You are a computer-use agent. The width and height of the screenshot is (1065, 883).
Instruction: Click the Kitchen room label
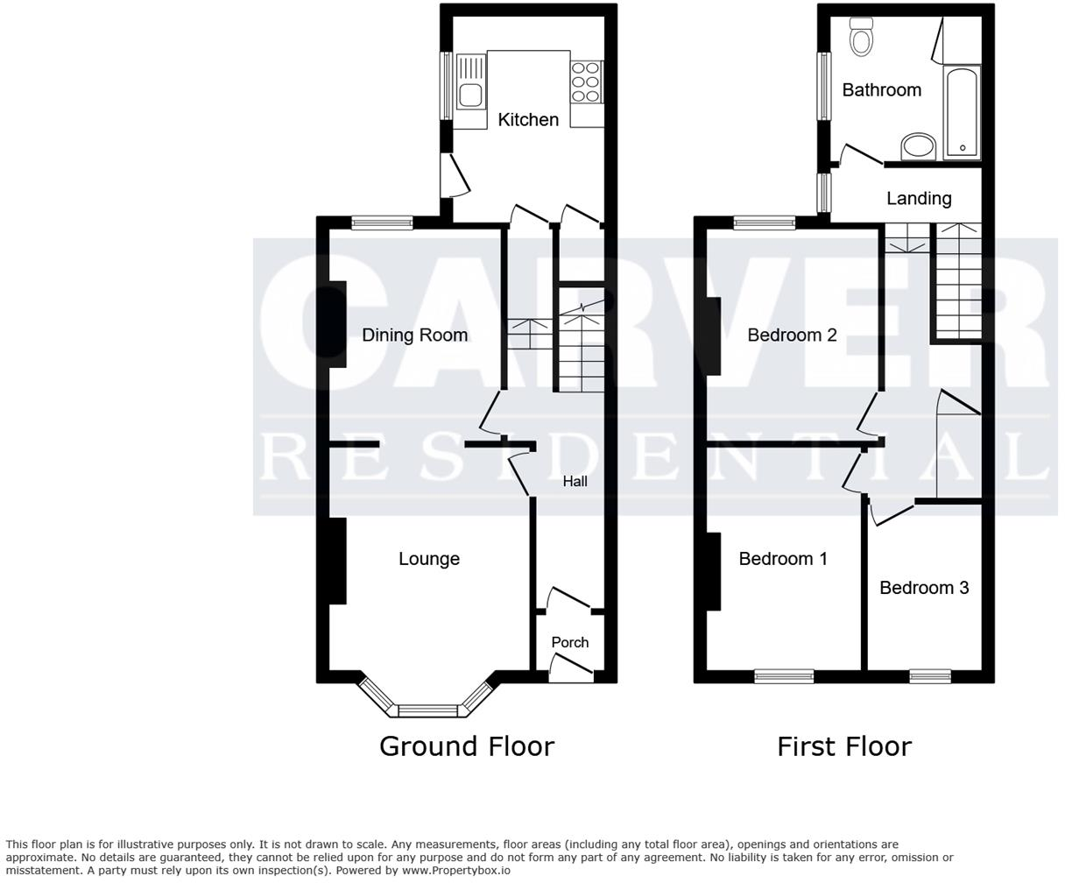click(528, 120)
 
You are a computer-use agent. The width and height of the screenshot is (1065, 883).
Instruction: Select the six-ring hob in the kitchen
click(586, 81)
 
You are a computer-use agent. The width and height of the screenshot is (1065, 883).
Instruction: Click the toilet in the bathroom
click(862, 37)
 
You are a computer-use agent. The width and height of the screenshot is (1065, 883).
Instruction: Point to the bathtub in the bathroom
click(962, 112)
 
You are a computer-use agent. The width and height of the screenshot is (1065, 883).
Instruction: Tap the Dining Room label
click(414, 335)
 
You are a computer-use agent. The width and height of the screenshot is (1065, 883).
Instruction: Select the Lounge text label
click(429, 559)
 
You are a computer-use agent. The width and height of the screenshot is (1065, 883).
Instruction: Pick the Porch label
click(570, 642)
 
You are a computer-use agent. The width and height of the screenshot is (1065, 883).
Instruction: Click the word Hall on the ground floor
click(575, 481)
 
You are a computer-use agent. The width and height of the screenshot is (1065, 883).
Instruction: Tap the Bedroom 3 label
click(924, 588)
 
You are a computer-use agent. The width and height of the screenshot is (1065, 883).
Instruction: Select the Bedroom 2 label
click(792, 335)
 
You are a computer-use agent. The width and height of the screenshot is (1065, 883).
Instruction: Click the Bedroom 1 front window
click(784, 675)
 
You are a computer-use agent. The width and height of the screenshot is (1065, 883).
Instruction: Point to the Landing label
click(919, 199)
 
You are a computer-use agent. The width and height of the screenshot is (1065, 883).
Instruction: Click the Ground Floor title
click(467, 746)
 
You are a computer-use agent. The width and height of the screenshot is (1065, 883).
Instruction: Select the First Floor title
click(844, 746)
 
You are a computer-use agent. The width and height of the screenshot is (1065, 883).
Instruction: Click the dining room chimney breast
click(336, 325)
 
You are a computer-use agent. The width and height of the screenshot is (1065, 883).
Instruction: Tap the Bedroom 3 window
click(930, 675)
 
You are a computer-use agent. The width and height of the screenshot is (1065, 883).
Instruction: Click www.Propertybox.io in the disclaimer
click(455, 871)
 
